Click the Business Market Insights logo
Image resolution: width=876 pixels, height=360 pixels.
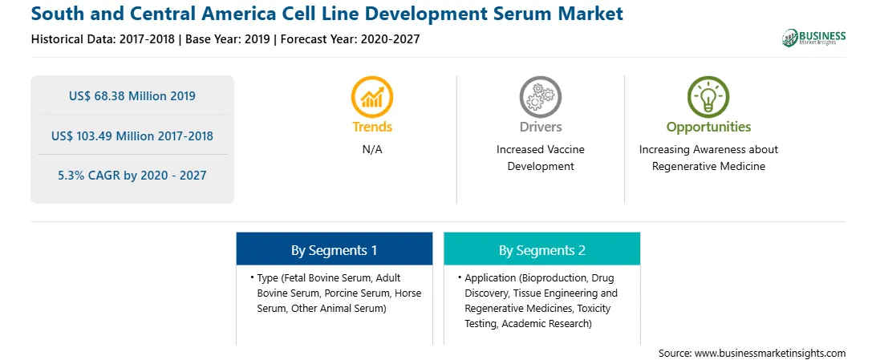coord(813,38)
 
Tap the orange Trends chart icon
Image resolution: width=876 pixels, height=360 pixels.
coord(372,96)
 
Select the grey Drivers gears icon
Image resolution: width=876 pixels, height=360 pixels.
coord(540,96)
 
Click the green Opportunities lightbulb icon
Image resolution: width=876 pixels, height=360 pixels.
coord(708,96)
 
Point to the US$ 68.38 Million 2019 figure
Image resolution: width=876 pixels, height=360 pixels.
coord(132,96)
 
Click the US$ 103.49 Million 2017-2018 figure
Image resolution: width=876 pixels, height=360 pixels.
coord(132,136)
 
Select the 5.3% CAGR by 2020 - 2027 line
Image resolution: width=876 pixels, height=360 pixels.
coord(132,176)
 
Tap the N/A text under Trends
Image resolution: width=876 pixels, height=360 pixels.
coord(372,150)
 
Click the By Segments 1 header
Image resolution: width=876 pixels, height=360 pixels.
coord(334,250)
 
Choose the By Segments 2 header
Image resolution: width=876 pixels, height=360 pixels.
coord(542,250)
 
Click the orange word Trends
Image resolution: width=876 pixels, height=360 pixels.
coord(372,127)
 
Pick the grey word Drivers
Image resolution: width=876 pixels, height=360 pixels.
coord(540,127)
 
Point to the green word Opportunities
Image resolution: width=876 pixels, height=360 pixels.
coord(708,127)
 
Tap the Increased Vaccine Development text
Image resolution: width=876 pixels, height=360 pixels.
coord(540,158)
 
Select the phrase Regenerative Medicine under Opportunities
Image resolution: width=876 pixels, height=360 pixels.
coord(708,166)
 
